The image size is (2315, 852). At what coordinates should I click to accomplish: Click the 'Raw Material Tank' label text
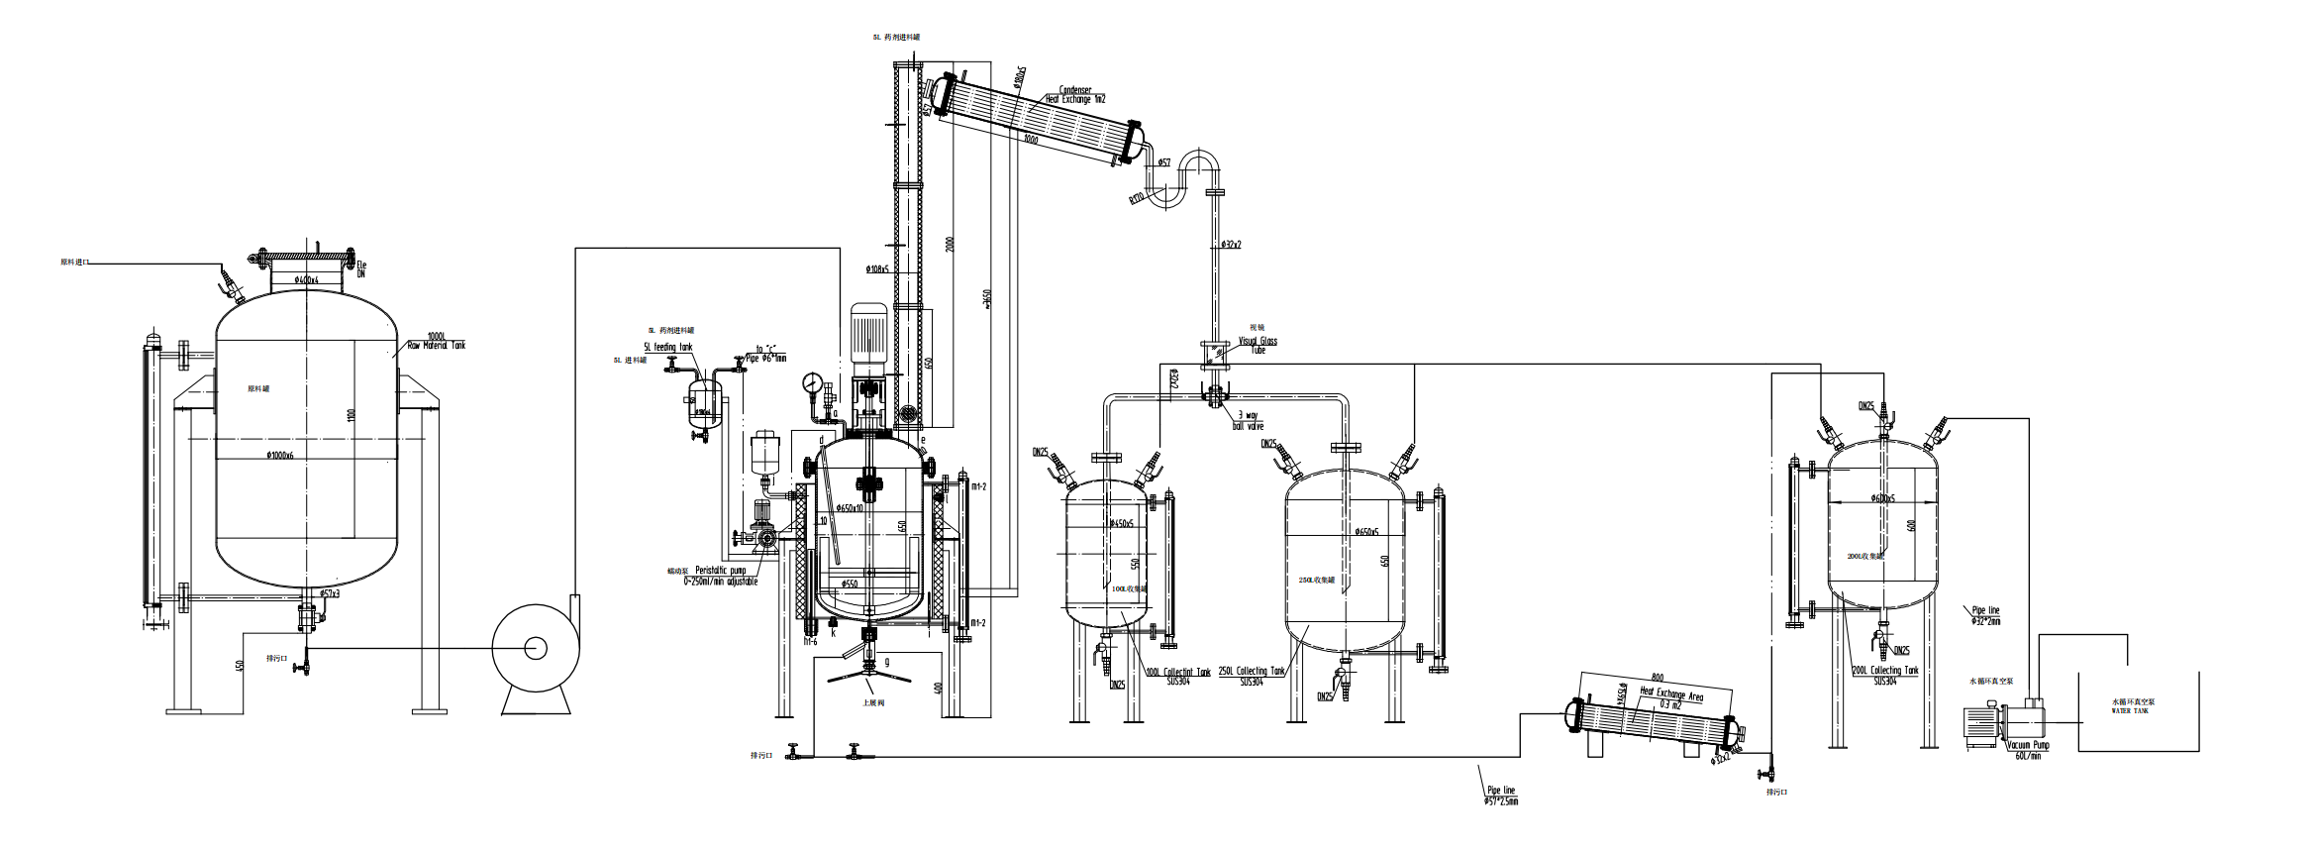coord(437,345)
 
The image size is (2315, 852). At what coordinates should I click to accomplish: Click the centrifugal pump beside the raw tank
coord(535,649)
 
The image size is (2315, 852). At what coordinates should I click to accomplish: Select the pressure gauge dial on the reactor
coord(812,383)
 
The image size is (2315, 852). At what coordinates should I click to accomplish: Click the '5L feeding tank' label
coord(668,347)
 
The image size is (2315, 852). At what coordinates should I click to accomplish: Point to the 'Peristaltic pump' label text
coord(720,571)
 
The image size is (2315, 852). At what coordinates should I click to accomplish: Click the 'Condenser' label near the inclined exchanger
coord(1075,90)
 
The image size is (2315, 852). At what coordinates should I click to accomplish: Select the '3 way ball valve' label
coord(1249,420)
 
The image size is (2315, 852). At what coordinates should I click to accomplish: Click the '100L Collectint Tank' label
coord(1178,672)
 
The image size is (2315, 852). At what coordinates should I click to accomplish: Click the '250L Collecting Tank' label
coord(1252,671)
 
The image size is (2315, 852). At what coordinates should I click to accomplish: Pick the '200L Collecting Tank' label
coord(1885,671)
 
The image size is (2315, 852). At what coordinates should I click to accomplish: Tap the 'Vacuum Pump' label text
coord(2028,745)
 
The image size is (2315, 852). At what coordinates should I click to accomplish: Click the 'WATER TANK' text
coord(2130,710)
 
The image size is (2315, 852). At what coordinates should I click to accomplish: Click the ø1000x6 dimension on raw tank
coord(279,456)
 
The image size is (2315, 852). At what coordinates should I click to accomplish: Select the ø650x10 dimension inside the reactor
coord(850,508)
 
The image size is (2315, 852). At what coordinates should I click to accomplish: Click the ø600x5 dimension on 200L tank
coord(1882,498)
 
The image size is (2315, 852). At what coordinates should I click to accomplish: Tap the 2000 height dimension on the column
coord(950,244)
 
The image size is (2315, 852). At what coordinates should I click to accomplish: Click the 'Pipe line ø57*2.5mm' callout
coord(1501,795)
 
